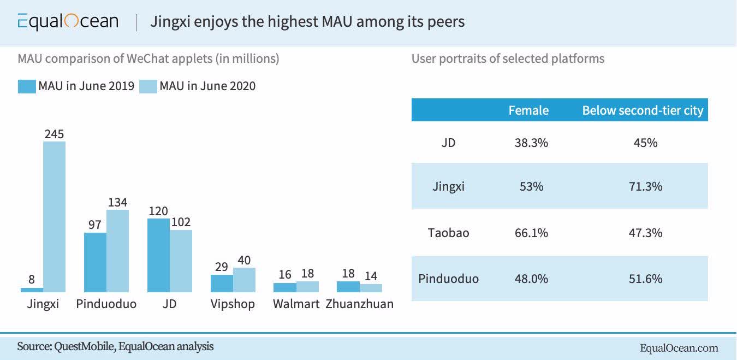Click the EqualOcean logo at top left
coord(68,21)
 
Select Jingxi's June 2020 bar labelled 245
coord(54,216)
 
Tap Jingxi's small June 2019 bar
coord(32,290)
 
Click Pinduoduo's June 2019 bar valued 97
coord(95,262)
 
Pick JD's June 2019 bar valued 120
coord(158,255)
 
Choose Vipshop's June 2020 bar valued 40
coord(244,280)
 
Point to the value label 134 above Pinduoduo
coord(118,202)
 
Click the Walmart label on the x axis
coord(296,304)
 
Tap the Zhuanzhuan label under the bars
coord(359,304)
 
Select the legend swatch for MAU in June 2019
coord(27,86)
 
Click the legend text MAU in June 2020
coord(207,86)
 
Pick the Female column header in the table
coord(528,110)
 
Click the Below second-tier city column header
coord(643,110)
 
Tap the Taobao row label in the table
coord(448,233)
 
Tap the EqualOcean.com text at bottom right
coord(679,348)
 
